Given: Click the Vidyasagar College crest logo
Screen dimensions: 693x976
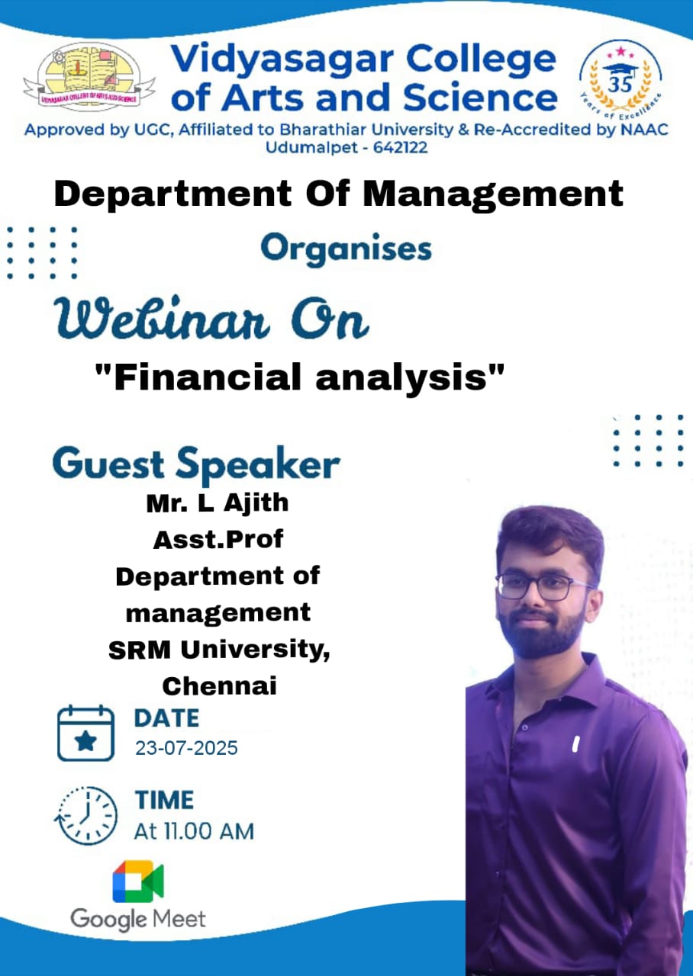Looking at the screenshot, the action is click(x=89, y=77).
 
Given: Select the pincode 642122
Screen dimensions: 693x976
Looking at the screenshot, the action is click(x=400, y=148).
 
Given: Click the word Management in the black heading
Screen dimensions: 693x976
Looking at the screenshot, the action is click(x=493, y=195).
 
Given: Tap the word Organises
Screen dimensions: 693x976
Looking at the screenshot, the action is click(x=346, y=249).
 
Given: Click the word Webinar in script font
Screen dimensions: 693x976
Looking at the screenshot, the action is click(x=162, y=318).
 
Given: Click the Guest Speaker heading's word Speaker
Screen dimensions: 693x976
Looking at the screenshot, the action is click(x=258, y=465).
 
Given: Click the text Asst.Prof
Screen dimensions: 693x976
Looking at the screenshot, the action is click(x=218, y=539).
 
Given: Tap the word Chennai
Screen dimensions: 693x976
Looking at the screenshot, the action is click(x=219, y=685).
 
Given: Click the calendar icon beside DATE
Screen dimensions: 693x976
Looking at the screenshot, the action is click(x=86, y=733).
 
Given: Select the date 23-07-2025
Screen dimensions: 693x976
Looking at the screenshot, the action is click(x=187, y=748).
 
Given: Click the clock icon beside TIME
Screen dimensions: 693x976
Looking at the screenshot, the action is click(x=86, y=816).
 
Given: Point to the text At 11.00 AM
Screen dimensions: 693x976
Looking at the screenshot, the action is click(x=194, y=831).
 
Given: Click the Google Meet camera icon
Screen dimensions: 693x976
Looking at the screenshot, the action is click(x=138, y=881).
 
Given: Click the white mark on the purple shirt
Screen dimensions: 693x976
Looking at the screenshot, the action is click(x=575, y=743).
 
